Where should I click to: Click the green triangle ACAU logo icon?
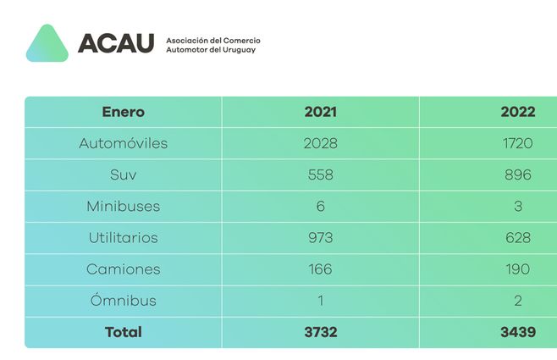(x=47, y=44)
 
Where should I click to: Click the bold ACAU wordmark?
(x=116, y=43)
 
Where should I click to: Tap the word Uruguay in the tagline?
(x=236, y=50)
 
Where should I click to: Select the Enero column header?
(x=124, y=112)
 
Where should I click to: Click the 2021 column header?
(x=320, y=112)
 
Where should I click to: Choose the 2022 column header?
(x=517, y=112)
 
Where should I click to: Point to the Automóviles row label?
(x=124, y=143)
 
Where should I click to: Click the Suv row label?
(x=124, y=174)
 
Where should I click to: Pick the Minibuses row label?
(x=124, y=206)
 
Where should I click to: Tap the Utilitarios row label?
(x=124, y=238)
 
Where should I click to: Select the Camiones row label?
(x=124, y=269)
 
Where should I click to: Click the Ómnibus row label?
(x=124, y=301)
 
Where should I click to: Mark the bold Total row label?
(x=124, y=332)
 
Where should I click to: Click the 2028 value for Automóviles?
(x=320, y=143)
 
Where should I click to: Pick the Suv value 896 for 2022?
(x=516, y=174)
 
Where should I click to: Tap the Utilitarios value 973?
(x=320, y=238)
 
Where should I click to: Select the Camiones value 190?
(x=516, y=269)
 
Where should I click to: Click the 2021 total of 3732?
(x=320, y=332)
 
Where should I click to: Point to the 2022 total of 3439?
(x=517, y=332)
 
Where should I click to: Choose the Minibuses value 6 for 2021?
(x=320, y=206)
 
